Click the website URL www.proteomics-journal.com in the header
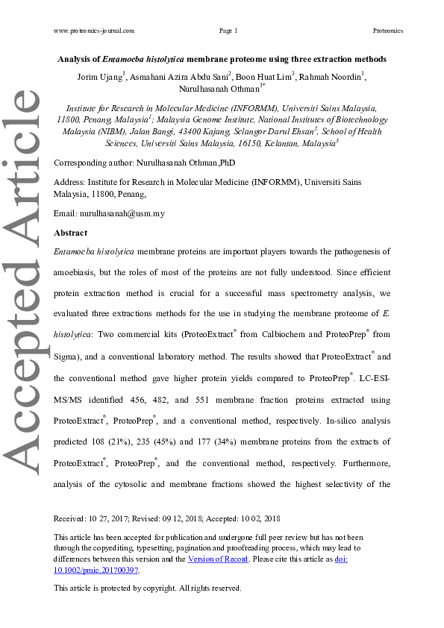(x=94, y=31)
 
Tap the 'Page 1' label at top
(x=228, y=31)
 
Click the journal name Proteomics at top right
(x=387, y=31)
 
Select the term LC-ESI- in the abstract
(x=375, y=378)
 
